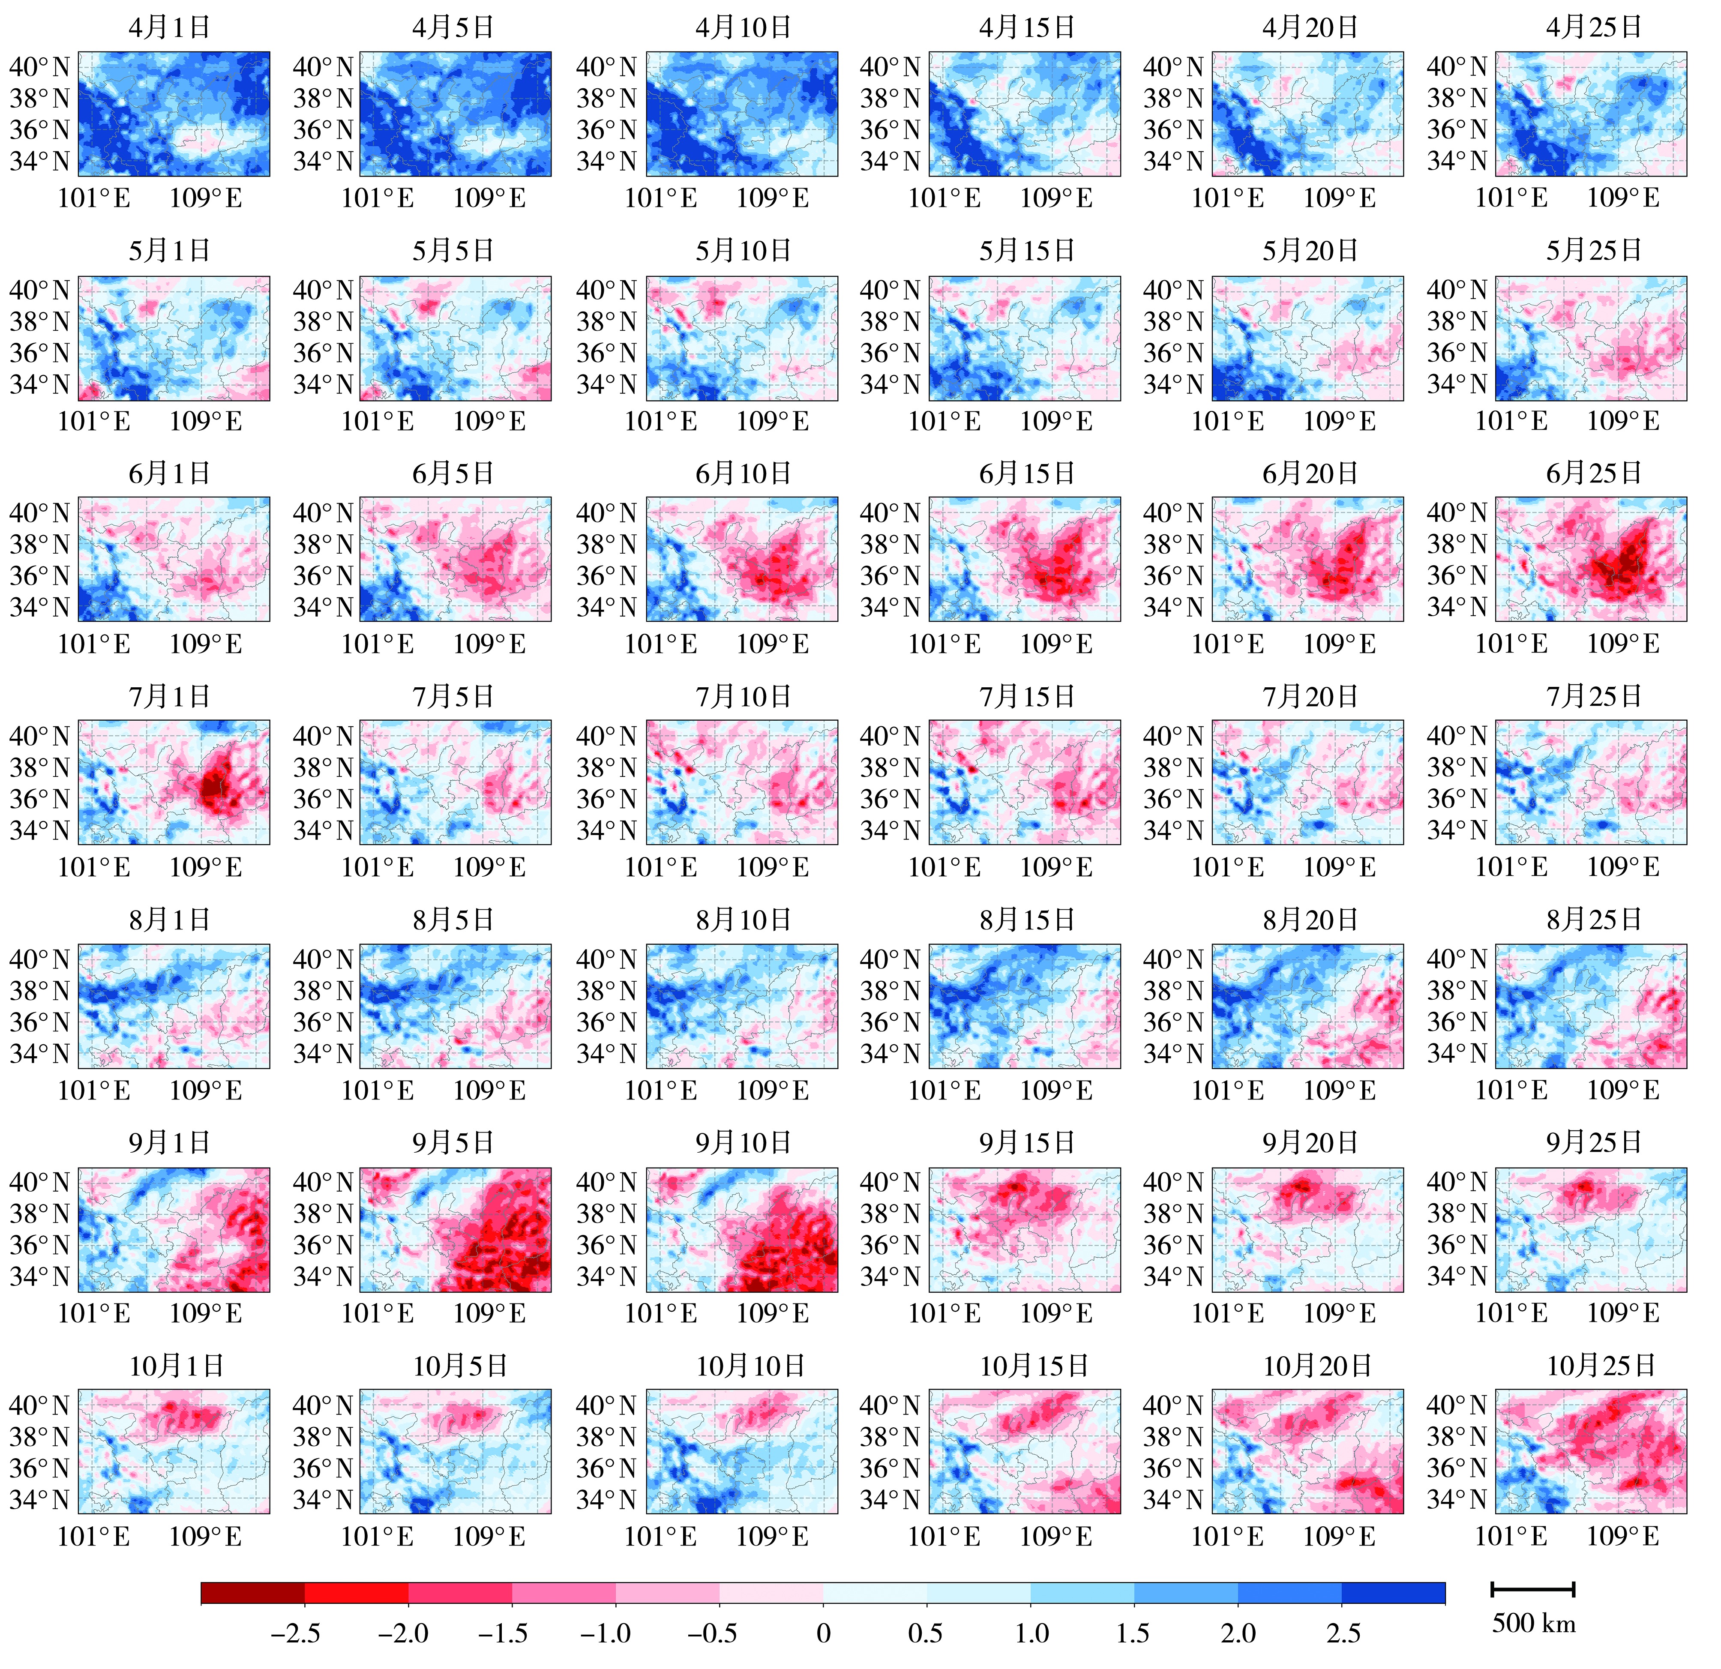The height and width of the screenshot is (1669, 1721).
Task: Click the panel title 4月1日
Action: (x=169, y=27)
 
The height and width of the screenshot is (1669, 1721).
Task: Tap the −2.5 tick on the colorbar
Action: (x=295, y=1633)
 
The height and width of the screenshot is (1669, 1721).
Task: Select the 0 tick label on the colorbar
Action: (x=823, y=1633)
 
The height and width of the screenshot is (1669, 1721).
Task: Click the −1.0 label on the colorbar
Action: (x=606, y=1633)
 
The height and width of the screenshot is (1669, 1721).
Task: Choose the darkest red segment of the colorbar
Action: (x=253, y=1593)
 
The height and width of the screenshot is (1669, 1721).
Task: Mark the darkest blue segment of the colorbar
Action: (x=1393, y=1593)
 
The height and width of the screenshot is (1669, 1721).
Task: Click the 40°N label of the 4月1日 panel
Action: (x=39, y=67)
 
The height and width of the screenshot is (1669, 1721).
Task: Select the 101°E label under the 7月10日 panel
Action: (x=660, y=867)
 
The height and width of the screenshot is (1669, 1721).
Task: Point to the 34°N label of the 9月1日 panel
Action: (x=39, y=1276)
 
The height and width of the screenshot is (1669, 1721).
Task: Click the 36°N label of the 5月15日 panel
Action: (x=890, y=353)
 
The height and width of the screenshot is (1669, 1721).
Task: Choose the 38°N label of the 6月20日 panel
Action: (x=1173, y=544)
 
